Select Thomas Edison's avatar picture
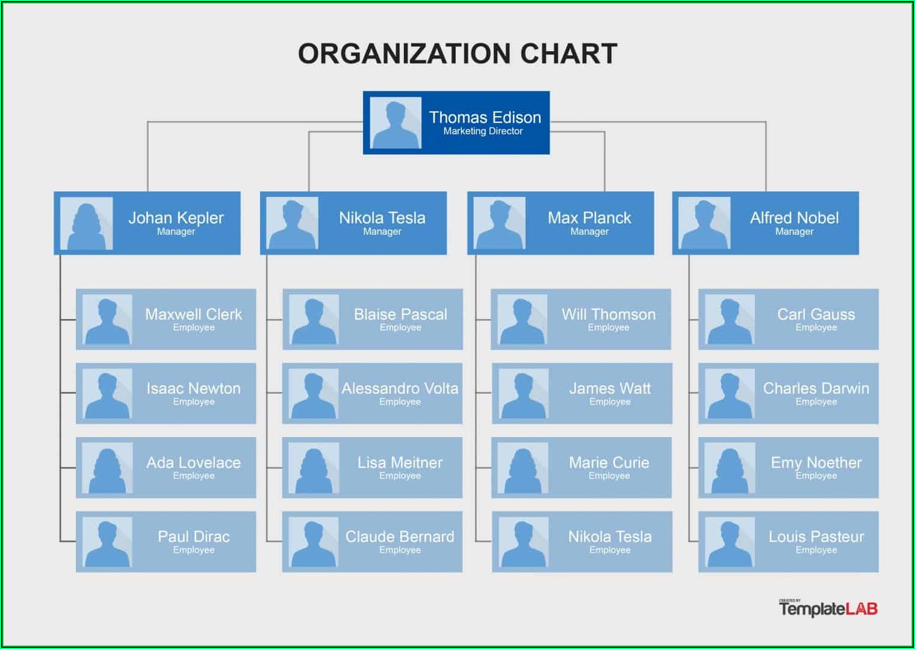point(395,123)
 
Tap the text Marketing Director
point(483,131)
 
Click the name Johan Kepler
point(176,218)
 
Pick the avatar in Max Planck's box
point(499,223)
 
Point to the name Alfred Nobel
point(794,218)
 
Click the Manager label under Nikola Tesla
point(382,232)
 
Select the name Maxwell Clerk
point(194,314)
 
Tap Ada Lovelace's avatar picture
point(107,468)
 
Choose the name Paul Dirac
point(194,536)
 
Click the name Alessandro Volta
point(400,388)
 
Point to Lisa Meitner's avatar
point(314,468)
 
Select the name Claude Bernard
point(400,536)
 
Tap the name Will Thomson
point(609,314)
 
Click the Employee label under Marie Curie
point(609,476)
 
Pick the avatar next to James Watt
point(524,394)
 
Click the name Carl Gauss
point(816,314)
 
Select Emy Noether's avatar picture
point(730,468)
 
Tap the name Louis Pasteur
point(816,536)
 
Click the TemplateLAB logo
point(828,608)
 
